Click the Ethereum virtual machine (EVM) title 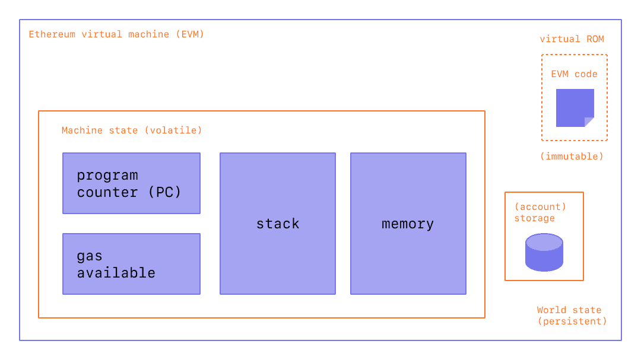pyautogui.click(x=116, y=34)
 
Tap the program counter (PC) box pyautogui.click(x=131, y=183)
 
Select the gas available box pyautogui.click(x=131, y=264)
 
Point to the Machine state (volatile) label pyautogui.click(x=132, y=130)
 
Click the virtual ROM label pyautogui.click(x=572, y=39)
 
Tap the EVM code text pyautogui.click(x=574, y=74)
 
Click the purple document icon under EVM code pyautogui.click(x=573, y=107)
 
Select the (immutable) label pyautogui.click(x=572, y=157)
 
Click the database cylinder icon pyautogui.click(x=544, y=252)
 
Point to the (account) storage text pyautogui.click(x=540, y=212)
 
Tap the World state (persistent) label pyautogui.click(x=572, y=316)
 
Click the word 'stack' pyautogui.click(x=278, y=224)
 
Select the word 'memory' pyautogui.click(x=408, y=224)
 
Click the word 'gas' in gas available pyautogui.click(x=90, y=257)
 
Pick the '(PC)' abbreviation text pyautogui.click(x=164, y=192)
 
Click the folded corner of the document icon pyautogui.click(x=589, y=122)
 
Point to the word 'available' pyautogui.click(x=116, y=273)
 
